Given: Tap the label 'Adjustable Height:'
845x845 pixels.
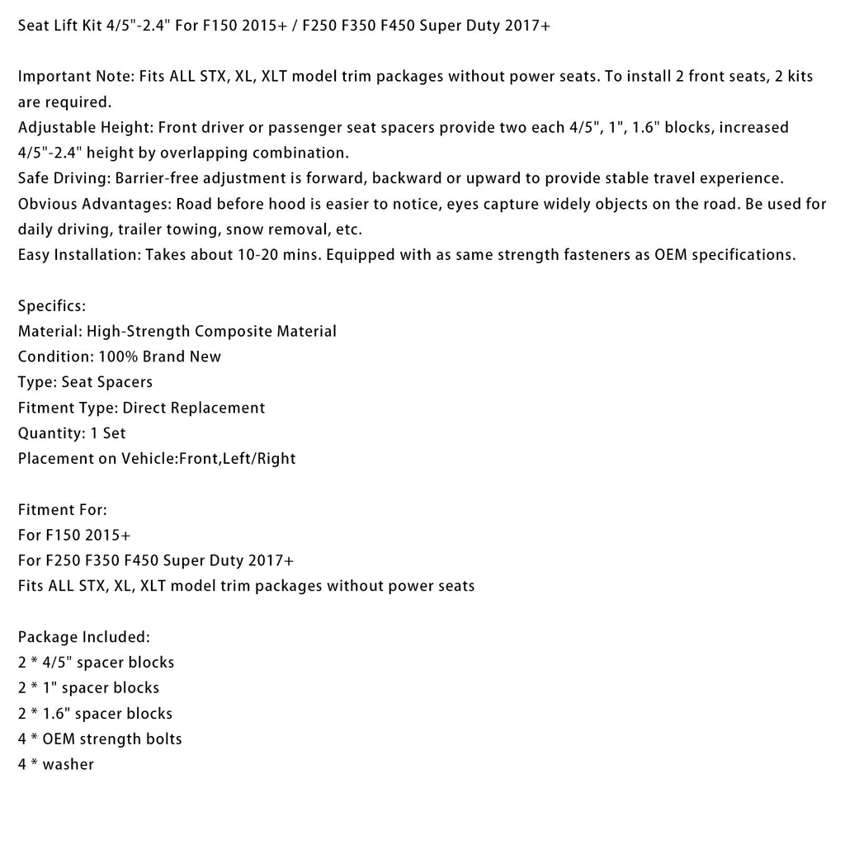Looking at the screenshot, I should pyautogui.click(x=85, y=128).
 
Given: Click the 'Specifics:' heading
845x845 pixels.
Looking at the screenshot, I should pyautogui.click(x=51, y=306).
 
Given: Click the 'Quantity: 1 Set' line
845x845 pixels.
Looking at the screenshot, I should pyautogui.click(x=72, y=433).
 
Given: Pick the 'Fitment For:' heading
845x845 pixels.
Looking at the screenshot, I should pyautogui.click(x=63, y=510).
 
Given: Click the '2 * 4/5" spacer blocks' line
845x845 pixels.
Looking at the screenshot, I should pyautogui.click(x=96, y=663).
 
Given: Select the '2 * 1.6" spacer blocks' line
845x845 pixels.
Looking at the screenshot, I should pyautogui.click(x=95, y=714).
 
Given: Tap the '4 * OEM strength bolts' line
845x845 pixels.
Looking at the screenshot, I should pyautogui.click(x=100, y=739).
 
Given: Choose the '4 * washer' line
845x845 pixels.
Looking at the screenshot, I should pyautogui.click(x=55, y=765).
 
